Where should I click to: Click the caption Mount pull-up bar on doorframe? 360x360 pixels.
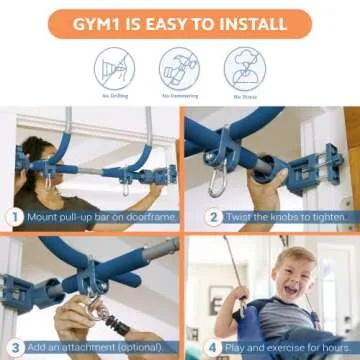point(94,216)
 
